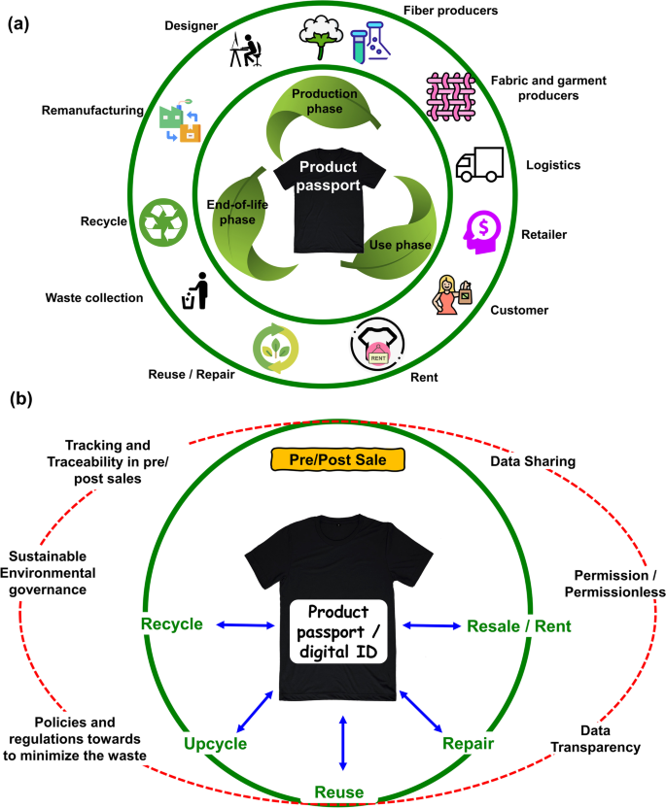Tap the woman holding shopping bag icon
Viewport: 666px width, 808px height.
451,293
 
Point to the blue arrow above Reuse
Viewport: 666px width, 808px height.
341,743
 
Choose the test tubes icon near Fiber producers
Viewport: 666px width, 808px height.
368,43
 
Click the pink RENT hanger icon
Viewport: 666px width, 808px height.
375,345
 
